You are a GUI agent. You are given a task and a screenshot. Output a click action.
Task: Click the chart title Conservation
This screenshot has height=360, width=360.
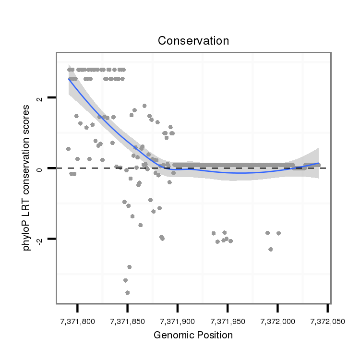point(193,41)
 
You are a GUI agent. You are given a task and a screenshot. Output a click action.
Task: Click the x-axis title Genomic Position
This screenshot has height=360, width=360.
point(193,335)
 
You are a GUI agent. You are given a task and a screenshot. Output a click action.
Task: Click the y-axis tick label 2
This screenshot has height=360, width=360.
point(40,98)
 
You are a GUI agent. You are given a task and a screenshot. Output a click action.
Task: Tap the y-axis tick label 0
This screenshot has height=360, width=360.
point(40,168)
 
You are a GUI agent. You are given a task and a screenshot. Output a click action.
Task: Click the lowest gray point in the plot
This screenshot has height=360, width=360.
point(127,292)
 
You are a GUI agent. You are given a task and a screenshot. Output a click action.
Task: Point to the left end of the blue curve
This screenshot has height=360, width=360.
point(69,79)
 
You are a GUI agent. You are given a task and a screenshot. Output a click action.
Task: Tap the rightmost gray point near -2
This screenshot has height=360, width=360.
point(278,233)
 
